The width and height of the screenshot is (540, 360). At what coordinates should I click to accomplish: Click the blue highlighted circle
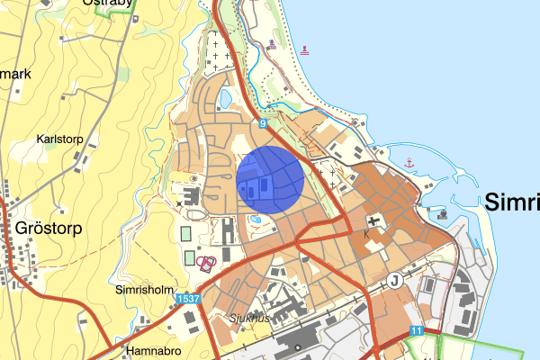(270, 180)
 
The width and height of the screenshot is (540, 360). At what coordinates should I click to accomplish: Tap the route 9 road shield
(263, 123)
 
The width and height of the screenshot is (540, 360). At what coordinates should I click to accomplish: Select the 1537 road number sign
(188, 298)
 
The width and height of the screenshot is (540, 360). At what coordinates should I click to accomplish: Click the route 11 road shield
(415, 331)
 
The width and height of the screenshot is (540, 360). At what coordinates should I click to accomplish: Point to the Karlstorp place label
(60, 139)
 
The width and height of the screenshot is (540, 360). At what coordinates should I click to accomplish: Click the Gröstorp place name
(49, 228)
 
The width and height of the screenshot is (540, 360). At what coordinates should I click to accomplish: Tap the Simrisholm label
(143, 290)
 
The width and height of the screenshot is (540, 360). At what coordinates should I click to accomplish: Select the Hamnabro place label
(156, 351)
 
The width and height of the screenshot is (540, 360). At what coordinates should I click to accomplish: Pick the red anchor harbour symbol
(409, 163)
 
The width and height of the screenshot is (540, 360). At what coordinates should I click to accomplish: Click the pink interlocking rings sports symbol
(206, 263)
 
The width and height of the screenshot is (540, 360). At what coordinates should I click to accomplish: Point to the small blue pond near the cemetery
(224, 94)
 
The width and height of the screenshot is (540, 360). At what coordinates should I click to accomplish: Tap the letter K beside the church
(366, 233)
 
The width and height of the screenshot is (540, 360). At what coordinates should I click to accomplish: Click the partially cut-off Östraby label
(108, 4)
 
